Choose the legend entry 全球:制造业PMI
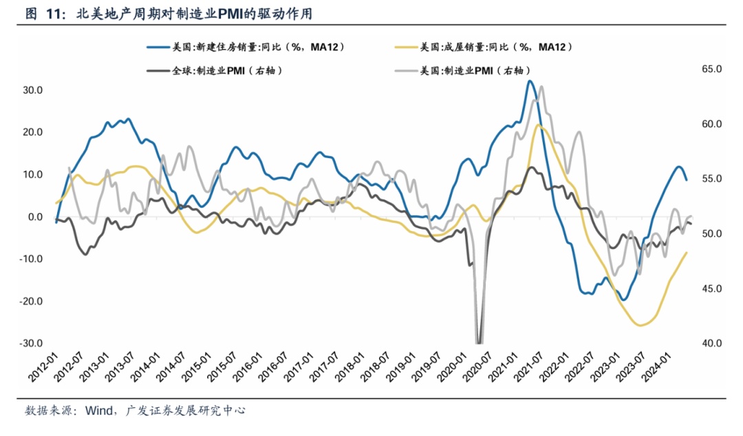pos(227,70)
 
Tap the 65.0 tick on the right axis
pos(709,69)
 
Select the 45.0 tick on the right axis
pos(709,289)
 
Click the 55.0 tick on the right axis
pos(709,179)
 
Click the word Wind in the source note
pos(99,411)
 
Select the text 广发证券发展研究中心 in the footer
pos(186,411)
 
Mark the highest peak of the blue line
pos(529,81)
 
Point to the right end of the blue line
pos(686,180)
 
